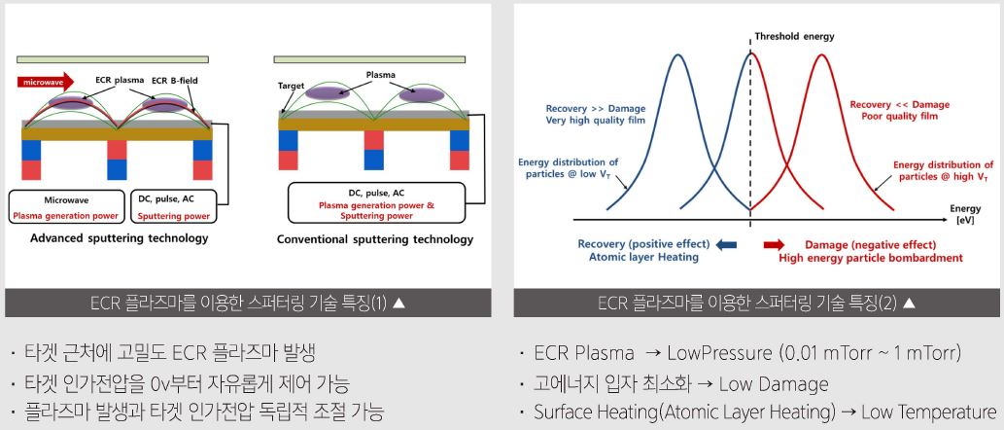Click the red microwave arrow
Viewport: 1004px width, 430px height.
[x=46, y=82]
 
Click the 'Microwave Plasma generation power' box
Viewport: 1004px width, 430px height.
[x=67, y=206]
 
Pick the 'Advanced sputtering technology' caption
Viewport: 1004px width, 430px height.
[x=120, y=238]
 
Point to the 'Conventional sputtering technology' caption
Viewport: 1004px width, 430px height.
[x=375, y=239]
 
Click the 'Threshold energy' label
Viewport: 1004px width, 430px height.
[x=794, y=37]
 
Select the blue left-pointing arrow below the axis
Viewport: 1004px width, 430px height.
[x=725, y=245]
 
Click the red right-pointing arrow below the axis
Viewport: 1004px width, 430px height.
[x=774, y=245]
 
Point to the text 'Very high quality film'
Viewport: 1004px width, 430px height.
[x=596, y=120]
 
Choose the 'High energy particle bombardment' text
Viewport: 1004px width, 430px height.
[x=871, y=258]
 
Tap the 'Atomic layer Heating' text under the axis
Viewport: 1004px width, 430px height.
[x=643, y=257]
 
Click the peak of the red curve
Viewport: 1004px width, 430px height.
[x=822, y=54]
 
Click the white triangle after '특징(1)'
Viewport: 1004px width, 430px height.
[x=398, y=304]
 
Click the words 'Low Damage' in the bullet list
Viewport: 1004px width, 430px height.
[x=774, y=384]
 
